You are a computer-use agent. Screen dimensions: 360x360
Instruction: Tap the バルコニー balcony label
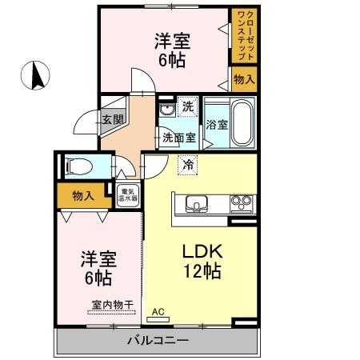(158, 342)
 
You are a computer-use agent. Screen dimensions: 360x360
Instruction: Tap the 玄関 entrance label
(112, 120)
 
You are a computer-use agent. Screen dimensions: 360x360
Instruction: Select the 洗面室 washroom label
(178, 137)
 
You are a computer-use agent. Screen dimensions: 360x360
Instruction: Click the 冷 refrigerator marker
(187, 164)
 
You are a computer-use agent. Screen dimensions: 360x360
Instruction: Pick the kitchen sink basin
(196, 202)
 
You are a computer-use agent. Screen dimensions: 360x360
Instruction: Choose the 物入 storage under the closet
(243, 78)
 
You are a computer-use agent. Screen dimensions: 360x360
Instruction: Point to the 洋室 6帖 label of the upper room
(171, 50)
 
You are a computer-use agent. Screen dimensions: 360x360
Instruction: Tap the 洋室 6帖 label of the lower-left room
(98, 269)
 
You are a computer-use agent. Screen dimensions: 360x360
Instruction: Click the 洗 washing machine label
(186, 106)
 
